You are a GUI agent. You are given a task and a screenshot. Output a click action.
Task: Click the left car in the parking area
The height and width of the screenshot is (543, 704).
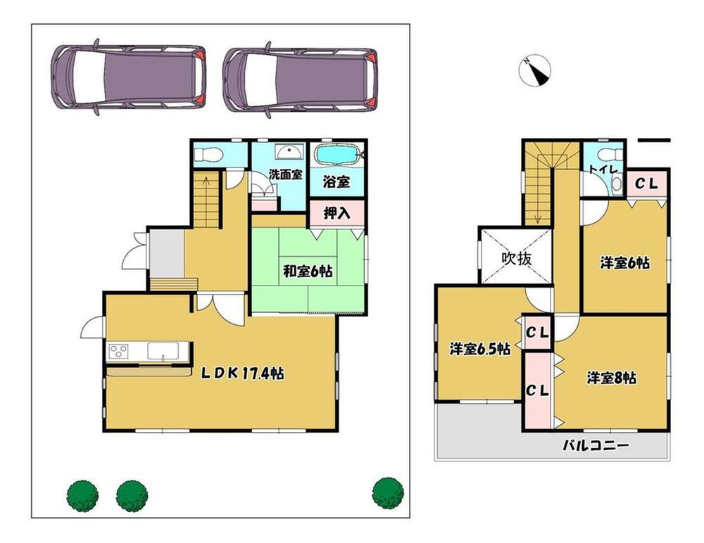(129, 77)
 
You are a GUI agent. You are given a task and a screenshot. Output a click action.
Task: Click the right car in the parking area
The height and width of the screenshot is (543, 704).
(301, 79)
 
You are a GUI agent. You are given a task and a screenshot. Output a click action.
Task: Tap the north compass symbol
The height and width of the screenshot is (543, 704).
(535, 71)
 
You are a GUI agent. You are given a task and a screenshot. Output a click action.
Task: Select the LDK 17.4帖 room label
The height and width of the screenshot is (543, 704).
(243, 374)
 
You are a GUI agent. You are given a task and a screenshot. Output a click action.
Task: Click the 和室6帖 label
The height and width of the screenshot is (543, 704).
(308, 271)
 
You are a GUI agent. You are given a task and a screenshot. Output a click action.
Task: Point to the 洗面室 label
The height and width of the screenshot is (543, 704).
(285, 174)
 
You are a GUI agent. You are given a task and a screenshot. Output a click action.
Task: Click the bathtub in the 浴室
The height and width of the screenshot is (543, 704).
(338, 155)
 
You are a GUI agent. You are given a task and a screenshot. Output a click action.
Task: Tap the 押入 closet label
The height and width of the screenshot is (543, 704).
(337, 212)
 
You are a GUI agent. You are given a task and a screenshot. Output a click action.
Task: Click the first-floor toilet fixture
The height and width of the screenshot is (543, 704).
(209, 155)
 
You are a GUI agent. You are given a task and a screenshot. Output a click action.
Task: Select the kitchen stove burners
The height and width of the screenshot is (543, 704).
(118, 351)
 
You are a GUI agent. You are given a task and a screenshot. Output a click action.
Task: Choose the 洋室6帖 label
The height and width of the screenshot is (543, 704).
(624, 263)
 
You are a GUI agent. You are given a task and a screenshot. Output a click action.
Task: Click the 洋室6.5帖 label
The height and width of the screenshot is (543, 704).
(479, 349)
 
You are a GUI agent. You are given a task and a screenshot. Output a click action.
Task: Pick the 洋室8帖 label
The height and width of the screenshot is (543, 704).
(612, 378)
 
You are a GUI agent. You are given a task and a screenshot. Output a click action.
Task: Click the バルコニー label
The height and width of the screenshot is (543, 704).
(595, 446)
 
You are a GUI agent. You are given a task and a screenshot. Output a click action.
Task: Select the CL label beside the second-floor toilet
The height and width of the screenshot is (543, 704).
(646, 184)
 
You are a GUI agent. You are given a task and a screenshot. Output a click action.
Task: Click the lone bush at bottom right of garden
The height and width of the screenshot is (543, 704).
(387, 492)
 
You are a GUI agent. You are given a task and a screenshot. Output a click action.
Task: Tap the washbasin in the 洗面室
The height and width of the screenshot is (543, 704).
(287, 153)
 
